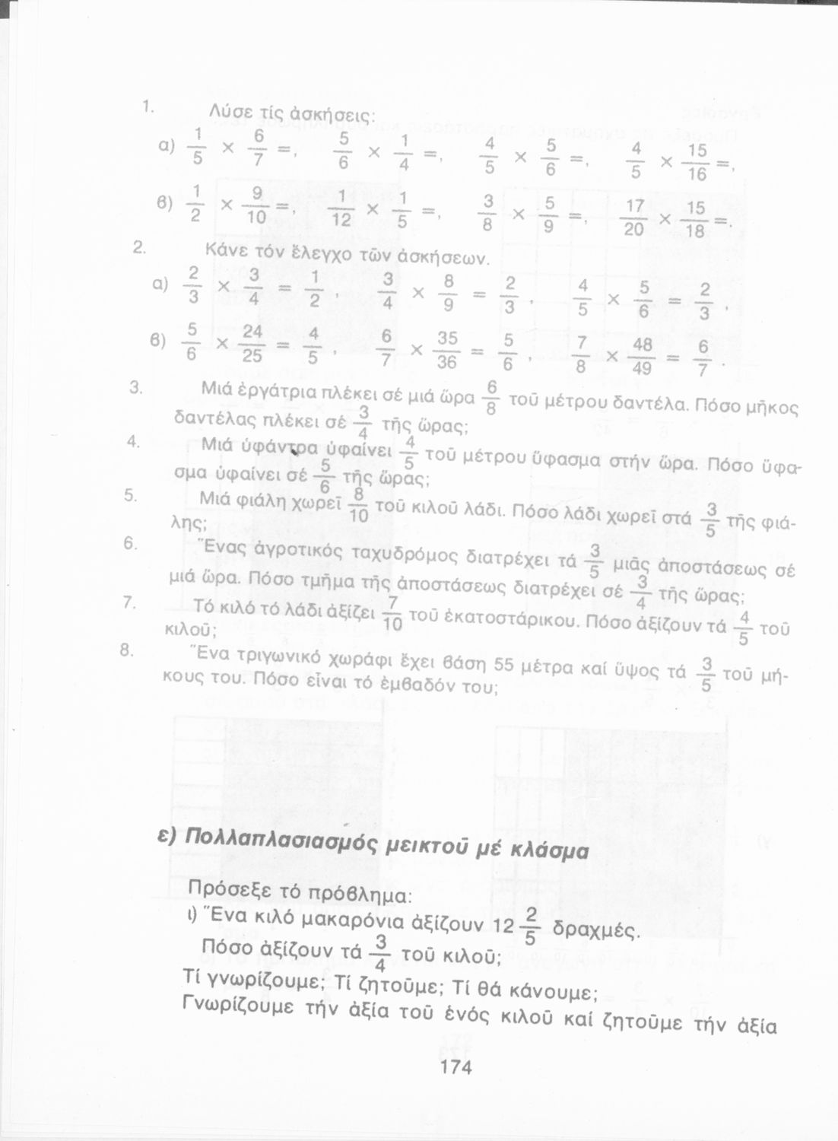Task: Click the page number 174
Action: point(456,1067)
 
